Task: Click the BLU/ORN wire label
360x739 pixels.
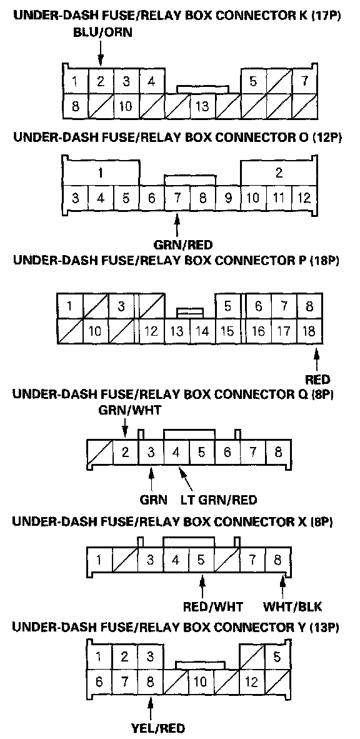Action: pos(102,33)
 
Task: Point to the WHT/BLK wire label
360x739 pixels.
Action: pos(292,606)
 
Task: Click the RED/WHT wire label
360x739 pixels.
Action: pos(213,606)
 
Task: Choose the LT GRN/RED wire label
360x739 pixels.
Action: pos(219,499)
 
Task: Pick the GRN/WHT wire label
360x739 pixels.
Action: pos(130,411)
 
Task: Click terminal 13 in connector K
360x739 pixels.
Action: pos(202,106)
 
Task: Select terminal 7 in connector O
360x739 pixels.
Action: pos(177,197)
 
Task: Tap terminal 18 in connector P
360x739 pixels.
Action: pos(309,331)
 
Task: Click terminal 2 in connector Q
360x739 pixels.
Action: pos(126,453)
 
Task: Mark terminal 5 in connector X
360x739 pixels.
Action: pos(202,560)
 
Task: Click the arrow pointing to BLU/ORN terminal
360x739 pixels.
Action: pos(101,53)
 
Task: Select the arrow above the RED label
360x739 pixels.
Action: pos(317,359)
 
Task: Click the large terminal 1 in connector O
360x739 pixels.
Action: pos(101,173)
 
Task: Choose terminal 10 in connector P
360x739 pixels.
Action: pos(95,331)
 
